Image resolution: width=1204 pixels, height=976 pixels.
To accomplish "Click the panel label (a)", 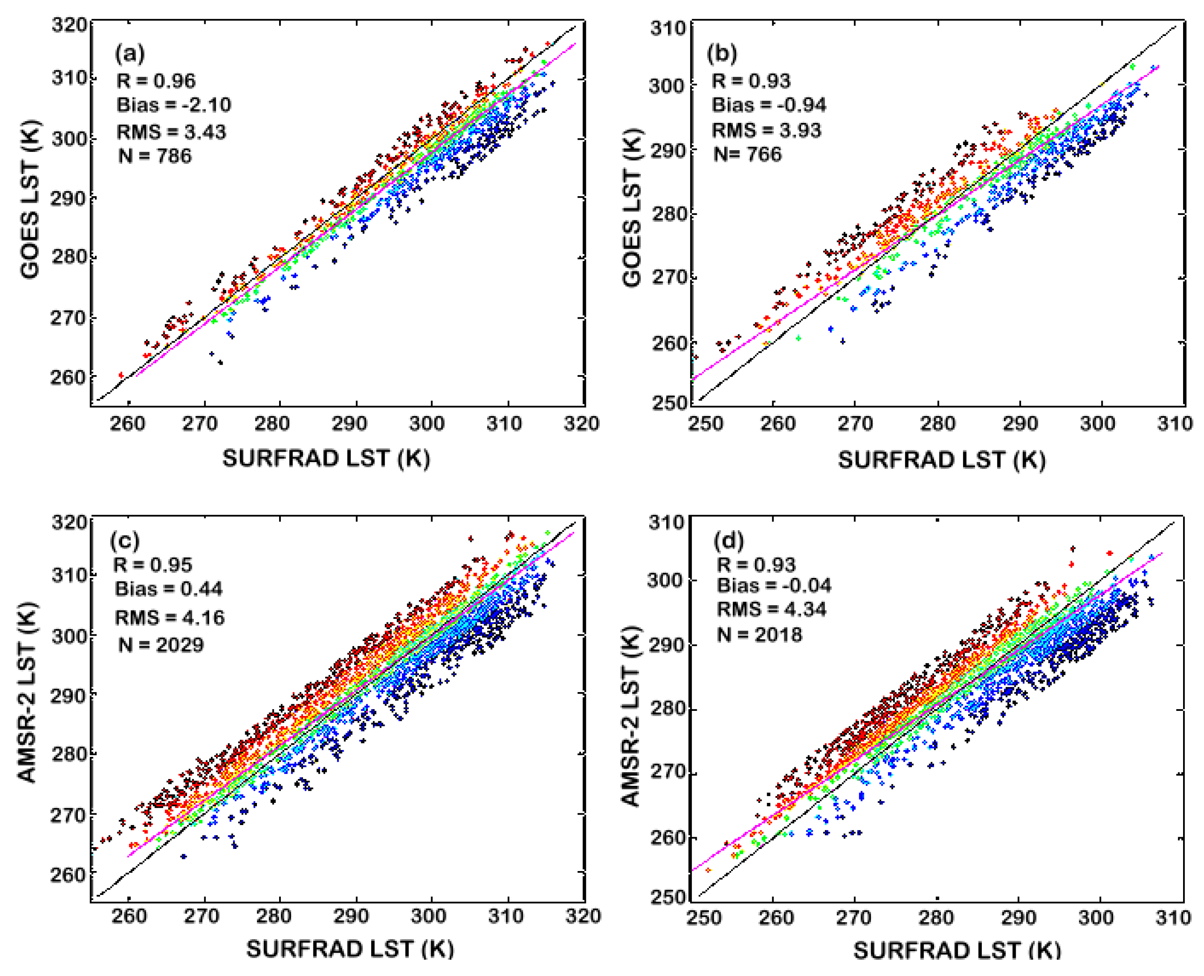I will coord(129,54).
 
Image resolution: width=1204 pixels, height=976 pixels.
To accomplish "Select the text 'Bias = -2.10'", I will coord(173,105).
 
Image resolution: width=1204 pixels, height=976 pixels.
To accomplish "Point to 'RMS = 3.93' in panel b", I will coord(766,130).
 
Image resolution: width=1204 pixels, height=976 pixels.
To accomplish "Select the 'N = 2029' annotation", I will coord(160,644).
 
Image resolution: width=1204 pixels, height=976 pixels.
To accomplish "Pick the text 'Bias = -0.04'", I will coord(774,585).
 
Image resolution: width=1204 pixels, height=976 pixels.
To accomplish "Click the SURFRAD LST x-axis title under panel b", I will coord(941,460).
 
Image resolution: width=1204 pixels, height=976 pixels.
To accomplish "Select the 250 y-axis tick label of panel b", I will coord(669,403).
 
